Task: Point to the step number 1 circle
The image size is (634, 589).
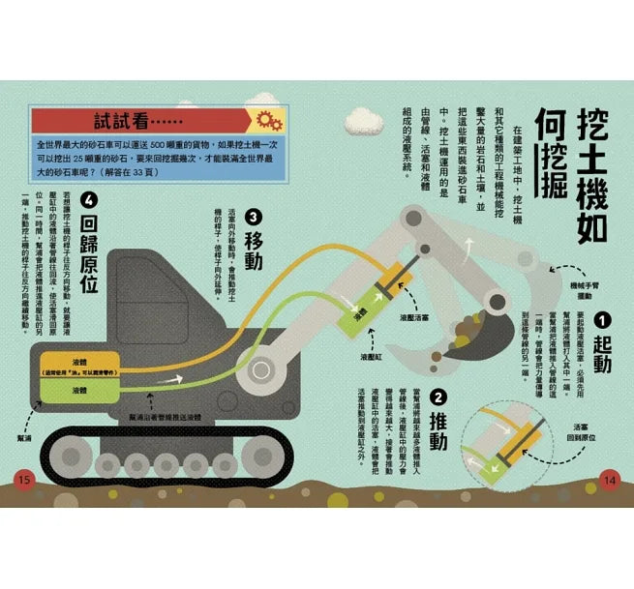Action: [601, 320]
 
